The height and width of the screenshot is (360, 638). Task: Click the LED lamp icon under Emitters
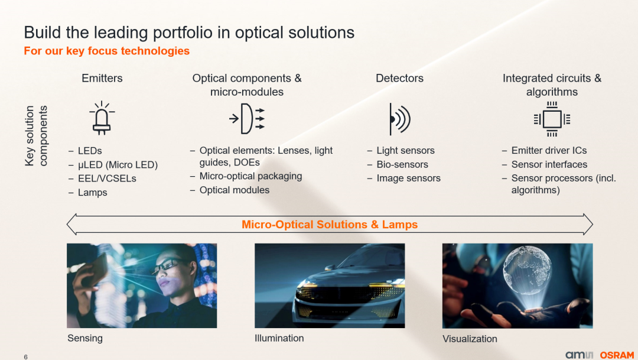click(x=102, y=118)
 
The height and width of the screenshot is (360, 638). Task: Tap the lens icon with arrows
click(x=247, y=118)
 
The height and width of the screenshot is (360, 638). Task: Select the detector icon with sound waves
click(x=399, y=119)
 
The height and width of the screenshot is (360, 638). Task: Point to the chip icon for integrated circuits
click(x=552, y=119)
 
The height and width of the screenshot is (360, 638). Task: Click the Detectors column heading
click(x=399, y=78)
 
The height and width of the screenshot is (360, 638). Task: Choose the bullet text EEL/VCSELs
click(x=107, y=179)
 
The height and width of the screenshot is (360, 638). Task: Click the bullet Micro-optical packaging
click(x=250, y=176)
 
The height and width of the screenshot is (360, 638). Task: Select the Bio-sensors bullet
click(x=402, y=164)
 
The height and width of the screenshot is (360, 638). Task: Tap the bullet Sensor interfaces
click(x=549, y=164)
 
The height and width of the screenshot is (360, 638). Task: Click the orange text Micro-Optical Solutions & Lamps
click(x=330, y=225)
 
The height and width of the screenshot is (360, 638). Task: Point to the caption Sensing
click(x=85, y=338)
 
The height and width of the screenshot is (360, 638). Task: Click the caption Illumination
click(x=279, y=338)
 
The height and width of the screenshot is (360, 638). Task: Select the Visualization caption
click(x=470, y=339)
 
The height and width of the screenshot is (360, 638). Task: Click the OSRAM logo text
click(x=617, y=355)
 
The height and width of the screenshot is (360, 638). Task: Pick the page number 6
click(x=25, y=357)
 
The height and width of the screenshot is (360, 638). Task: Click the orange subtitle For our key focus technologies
click(x=106, y=51)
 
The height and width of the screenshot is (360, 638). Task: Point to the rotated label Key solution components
click(x=36, y=136)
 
